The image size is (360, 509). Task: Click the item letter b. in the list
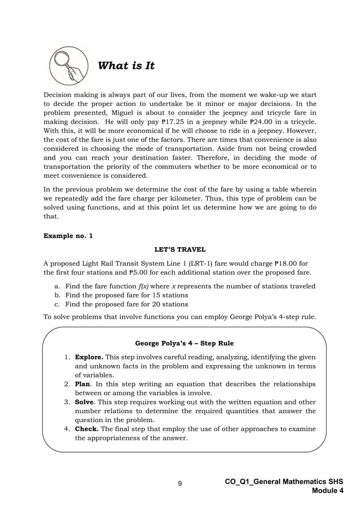(x=57, y=295)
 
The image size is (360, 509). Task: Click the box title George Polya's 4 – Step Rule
(x=185, y=343)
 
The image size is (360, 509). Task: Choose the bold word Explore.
(x=89, y=357)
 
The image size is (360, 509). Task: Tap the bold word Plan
(x=84, y=384)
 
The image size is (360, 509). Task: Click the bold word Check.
(x=87, y=429)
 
